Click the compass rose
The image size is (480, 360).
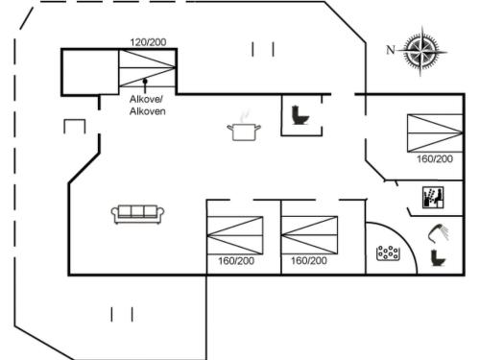(421, 50)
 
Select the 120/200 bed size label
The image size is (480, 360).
(147, 42)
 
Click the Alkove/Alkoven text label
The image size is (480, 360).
(147, 106)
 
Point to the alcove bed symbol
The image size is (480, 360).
(147, 69)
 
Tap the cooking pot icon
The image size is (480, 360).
(244, 129)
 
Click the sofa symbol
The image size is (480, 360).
(138, 213)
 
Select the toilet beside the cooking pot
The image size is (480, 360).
(298, 116)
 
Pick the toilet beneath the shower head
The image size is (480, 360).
(437, 257)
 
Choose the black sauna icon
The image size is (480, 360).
(434, 199)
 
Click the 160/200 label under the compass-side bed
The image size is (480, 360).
(435, 158)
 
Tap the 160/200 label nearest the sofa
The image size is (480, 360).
(235, 261)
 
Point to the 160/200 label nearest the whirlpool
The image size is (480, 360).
(309, 261)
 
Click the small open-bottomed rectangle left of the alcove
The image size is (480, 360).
(75, 126)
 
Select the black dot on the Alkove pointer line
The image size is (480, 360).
(145, 83)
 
